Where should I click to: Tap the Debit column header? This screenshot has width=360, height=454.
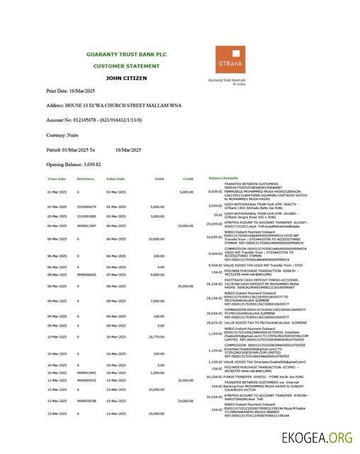159,178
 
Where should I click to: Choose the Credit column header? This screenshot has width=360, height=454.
188,178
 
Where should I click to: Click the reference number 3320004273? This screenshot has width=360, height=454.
86,206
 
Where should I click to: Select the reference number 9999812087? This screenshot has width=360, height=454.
86,225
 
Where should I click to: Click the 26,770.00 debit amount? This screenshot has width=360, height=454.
156,337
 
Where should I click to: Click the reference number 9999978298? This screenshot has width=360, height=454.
86,401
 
